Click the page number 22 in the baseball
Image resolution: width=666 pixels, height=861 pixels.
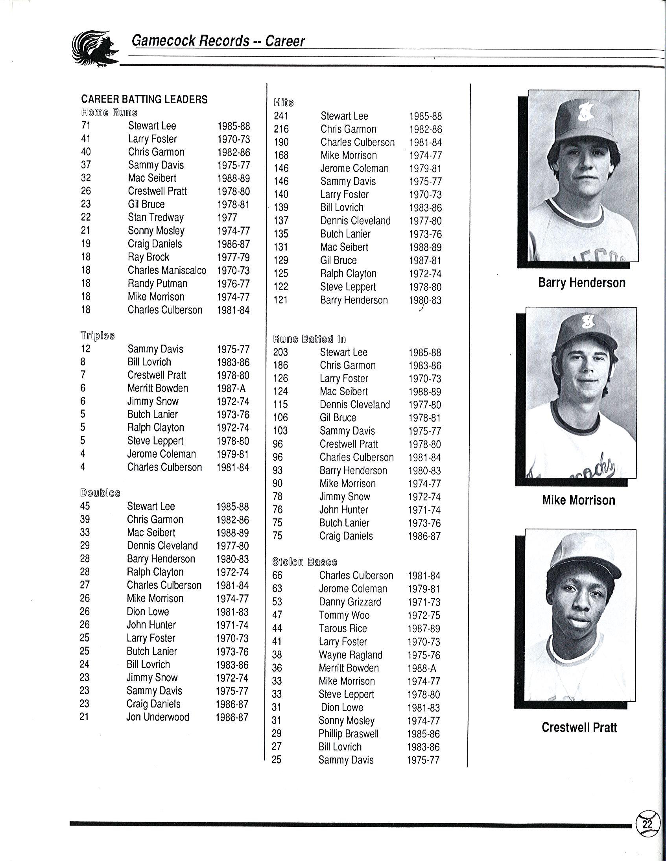647,824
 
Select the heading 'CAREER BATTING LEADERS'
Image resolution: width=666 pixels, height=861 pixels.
144,99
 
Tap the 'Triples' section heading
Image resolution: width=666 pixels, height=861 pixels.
98,336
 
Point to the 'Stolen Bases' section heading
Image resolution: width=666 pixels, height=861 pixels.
305,562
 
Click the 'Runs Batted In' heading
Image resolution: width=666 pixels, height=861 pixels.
309,339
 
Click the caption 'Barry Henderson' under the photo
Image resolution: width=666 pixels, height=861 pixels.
581,283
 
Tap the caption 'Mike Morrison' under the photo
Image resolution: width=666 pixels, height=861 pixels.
578,500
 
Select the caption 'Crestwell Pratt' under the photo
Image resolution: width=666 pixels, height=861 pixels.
579,727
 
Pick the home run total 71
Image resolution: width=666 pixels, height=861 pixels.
86,126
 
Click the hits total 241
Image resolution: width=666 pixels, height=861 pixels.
281,116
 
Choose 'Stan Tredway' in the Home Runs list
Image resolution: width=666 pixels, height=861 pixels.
155,217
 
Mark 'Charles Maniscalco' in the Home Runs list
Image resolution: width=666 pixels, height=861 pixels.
167,270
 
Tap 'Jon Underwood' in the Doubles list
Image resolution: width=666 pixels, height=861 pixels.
157,717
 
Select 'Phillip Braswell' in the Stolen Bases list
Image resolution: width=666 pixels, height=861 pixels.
348,734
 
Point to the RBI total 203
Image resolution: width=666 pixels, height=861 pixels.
280,352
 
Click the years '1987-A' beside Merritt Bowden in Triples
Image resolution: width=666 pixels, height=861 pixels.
231,388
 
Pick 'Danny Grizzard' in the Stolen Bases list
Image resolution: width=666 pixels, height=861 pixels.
350,602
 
